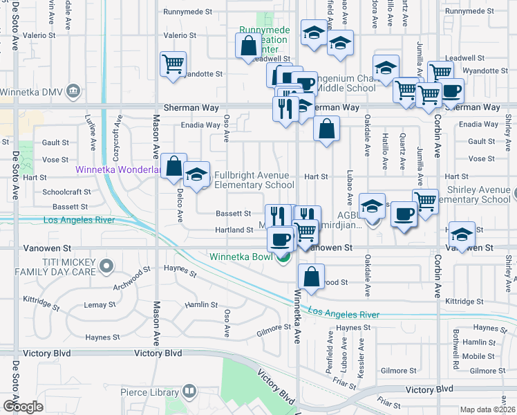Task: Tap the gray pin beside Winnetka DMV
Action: (x=72, y=91)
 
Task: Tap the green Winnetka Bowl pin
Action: (x=283, y=259)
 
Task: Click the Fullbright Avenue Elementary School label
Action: (x=254, y=180)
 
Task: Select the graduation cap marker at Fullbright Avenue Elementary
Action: (x=196, y=174)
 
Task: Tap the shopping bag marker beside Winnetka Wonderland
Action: (x=174, y=166)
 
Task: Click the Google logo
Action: (x=23, y=406)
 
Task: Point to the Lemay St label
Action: (x=99, y=304)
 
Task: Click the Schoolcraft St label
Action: (x=66, y=192)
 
